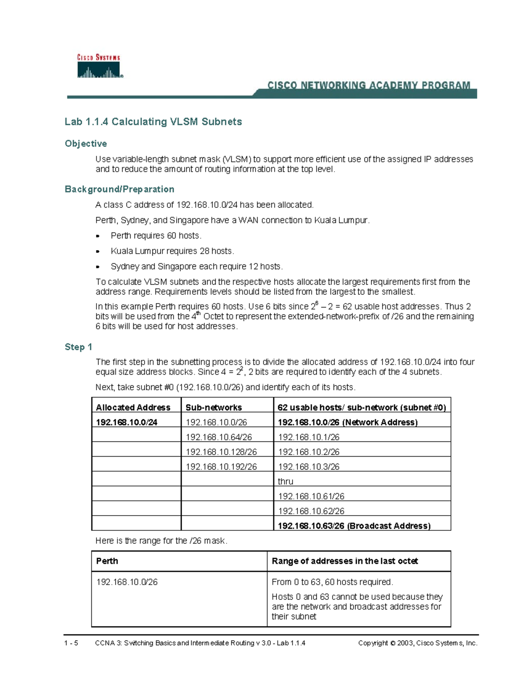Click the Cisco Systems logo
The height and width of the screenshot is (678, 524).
click(x=100, y=66)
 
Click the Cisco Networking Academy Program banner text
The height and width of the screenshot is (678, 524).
click(x=369, y=86)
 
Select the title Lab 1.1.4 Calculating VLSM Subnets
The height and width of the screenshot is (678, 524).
click(x=153, y=122)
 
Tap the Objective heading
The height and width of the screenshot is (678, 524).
click(x=86, y=144)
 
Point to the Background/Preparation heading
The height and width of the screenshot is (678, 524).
click(x=119, y=189)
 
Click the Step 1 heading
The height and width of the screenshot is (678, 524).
click(x=78, y=347)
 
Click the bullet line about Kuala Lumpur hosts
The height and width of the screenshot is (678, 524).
click(x=172, y=251)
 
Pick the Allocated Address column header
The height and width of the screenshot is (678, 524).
click(x=133, y=407)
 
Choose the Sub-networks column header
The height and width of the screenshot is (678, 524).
click(x=214, y=407)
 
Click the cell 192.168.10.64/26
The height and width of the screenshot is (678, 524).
click(x=219, y=437)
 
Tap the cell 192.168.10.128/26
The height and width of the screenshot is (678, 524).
click(x=221, y=452)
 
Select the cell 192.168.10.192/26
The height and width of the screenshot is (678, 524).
click(x=221, y=467)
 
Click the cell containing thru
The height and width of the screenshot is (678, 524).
click(x=286, y=482)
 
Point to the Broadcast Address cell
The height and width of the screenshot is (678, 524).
click(x=354, y=526)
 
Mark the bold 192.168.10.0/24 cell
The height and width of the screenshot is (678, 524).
click(x=127, y=422)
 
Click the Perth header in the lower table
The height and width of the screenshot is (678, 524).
click(x=107, y=561)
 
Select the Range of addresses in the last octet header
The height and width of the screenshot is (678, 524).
click(x=345, y=561)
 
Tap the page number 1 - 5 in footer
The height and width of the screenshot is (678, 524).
click(x=71, y=643)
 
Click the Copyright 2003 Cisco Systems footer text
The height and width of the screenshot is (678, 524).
click(x=417, y=643)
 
